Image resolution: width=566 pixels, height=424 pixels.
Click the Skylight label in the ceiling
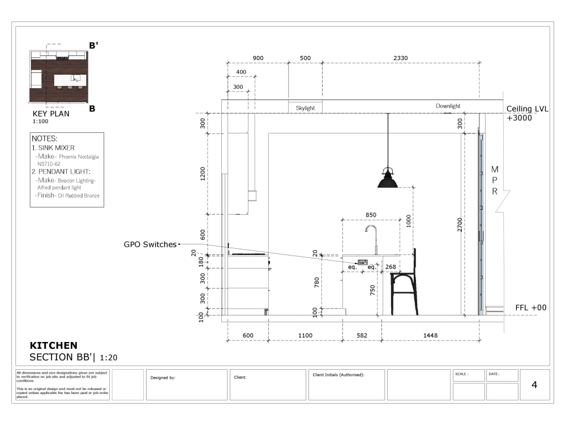[x=305, y=108]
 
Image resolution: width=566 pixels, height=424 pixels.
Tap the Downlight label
[x=448, y=106]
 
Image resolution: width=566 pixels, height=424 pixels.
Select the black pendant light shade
[x=387, y=180]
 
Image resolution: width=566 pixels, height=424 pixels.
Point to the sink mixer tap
[x=372, y=240]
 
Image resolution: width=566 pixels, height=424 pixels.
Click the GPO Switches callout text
[x=150, y=244]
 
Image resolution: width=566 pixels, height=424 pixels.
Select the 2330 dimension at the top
[x=401, y=58]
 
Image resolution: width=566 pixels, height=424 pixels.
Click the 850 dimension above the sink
[x=371, y=215]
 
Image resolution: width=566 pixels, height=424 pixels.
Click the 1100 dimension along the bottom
[x=305, y=336]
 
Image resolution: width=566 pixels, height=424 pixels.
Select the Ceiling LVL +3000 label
[x=527, y=114]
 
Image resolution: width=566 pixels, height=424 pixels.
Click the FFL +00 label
[x=530, y=308]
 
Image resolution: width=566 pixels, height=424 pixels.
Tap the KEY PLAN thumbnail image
[x=59, y=76]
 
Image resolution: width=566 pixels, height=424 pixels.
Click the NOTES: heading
[x=45, y=139]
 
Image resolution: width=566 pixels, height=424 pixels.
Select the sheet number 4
[x=534, y=385]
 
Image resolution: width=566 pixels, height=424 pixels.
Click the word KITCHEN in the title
[x=53, y=345]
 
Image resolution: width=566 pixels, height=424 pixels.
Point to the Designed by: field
[x=163, y=377]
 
